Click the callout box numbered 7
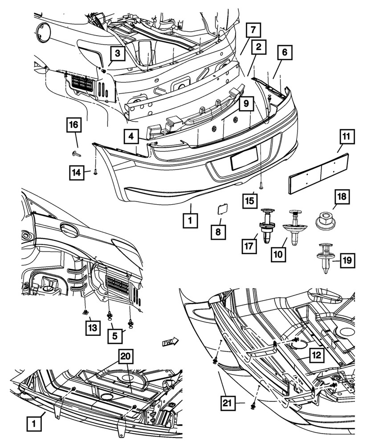253,31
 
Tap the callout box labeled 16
74,125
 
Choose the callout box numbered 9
246,105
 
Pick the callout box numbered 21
228,404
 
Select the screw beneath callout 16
76,153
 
